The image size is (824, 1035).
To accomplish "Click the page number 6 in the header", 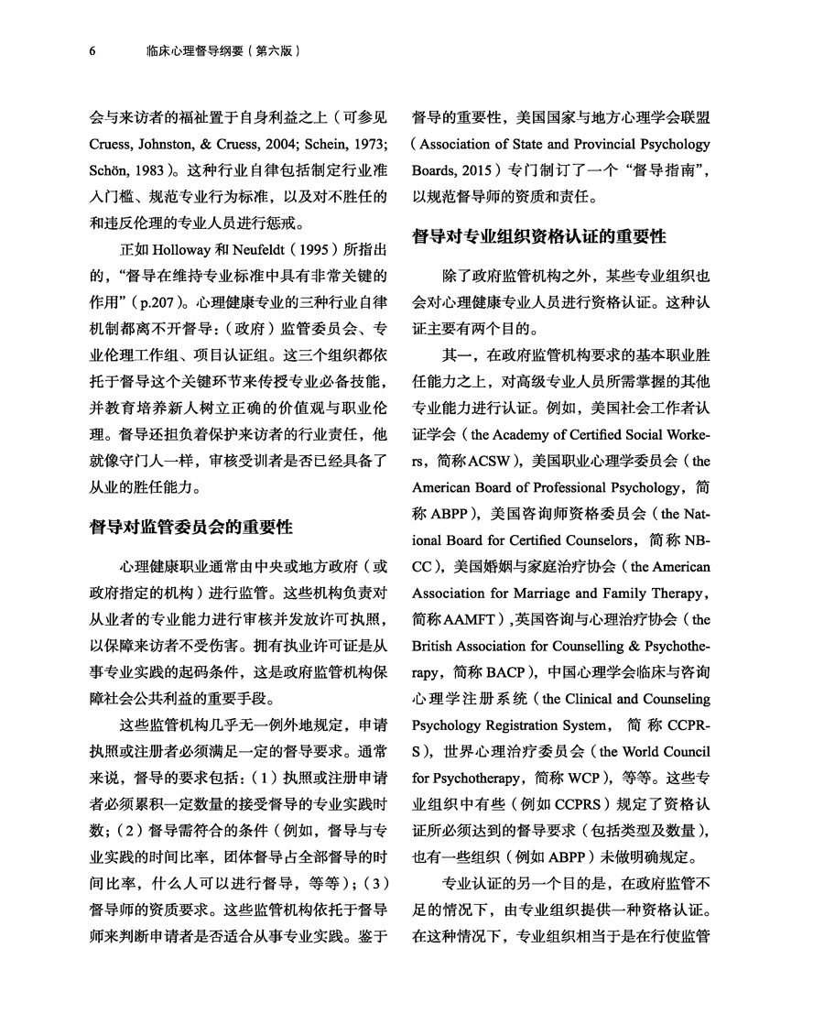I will (x=92, y=51).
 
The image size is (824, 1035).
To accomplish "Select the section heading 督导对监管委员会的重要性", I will (x=190, y=527).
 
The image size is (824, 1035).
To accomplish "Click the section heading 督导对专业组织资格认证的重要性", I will (x=539, y=236).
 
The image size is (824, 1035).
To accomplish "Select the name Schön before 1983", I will (x=110, y=171).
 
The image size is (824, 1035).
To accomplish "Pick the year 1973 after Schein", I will (x=374, y=146).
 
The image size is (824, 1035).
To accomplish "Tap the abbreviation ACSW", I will (x=491, y=461).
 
